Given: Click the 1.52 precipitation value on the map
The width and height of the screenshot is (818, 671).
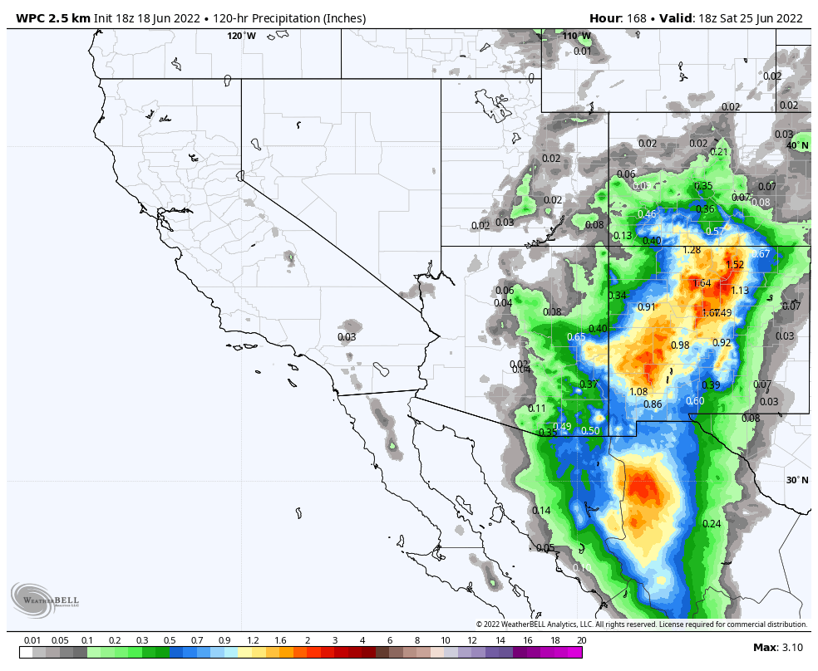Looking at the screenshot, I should (735, 265).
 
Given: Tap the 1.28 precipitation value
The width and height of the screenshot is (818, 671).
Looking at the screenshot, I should (691, 250).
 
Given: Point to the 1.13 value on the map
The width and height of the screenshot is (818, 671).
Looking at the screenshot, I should (740, 291).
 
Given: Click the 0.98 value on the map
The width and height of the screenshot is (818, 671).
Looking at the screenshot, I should (680, 345).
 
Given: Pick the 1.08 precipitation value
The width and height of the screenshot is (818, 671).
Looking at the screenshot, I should (638, 392).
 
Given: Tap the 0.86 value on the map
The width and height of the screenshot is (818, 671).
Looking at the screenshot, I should (653, 404).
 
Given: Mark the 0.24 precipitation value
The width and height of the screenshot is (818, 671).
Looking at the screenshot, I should (711, 524).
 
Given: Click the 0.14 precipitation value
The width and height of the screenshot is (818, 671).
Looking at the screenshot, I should (541, 511).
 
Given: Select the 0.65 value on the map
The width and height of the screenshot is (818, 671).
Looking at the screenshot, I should (576, 337).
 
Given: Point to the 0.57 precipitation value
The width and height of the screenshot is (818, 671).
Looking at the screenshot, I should (715, 232).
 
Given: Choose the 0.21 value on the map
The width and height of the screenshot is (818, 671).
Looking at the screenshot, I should (719, 152).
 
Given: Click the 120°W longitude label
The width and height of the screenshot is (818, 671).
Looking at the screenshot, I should (242, 36).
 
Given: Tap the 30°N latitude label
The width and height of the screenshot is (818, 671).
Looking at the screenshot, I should (797, 480).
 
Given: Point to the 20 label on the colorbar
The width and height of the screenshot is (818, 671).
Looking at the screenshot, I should (581, 640).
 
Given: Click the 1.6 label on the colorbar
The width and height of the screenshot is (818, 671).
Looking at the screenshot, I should (279, 640).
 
